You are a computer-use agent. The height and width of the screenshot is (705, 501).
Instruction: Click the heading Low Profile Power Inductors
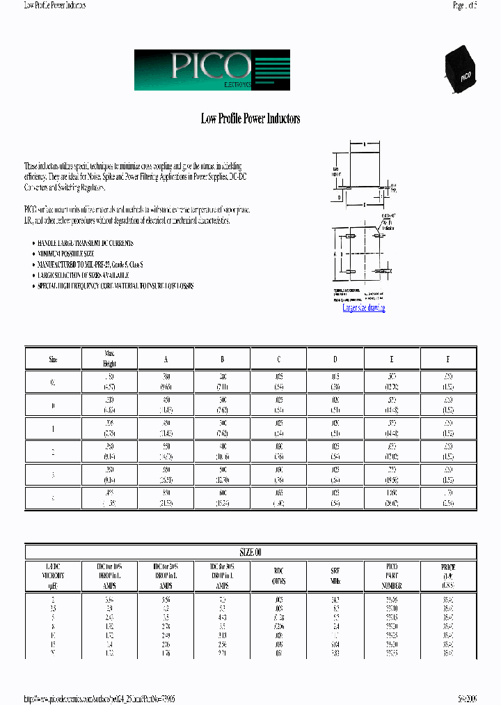coord(250,119)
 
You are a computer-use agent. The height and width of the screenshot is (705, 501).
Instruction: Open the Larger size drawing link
coord(364,308)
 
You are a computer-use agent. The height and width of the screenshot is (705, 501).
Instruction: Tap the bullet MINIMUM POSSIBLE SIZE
coord(71,254)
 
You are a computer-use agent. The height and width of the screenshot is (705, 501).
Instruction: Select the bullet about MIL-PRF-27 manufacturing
coord(90,265)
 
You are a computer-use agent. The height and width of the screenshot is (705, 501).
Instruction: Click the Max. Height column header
coord(110,359)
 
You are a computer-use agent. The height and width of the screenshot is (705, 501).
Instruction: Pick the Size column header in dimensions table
coord(54,359)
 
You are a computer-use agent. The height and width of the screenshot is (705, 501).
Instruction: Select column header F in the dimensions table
coord(447,359)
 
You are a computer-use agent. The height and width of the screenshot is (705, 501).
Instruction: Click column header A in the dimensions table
coord(166,359)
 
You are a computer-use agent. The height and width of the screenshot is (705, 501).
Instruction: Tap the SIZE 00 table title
coord(250,552)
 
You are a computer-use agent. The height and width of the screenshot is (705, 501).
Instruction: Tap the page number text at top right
coord(465,5)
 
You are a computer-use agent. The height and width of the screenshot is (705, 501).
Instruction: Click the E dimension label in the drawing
coord(365,205)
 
